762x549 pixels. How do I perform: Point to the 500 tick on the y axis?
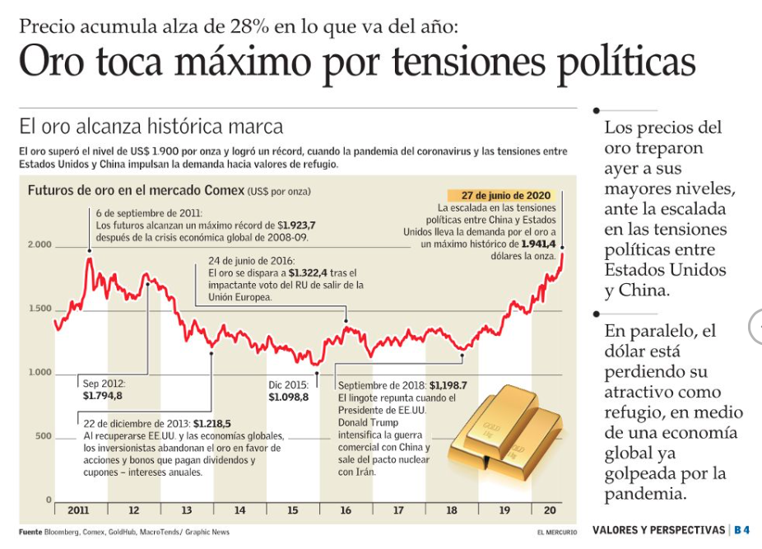tap(43, 436)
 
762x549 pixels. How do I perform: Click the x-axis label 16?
tap(346, 510)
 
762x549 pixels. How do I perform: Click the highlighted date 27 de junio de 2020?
tap(505, 196)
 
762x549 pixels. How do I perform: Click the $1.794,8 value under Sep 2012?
tap(102, 396)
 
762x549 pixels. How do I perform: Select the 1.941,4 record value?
tap(539, 244)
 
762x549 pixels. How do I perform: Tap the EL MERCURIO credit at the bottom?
tap(557, 533)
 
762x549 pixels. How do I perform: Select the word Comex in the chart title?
tap(221, 191)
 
